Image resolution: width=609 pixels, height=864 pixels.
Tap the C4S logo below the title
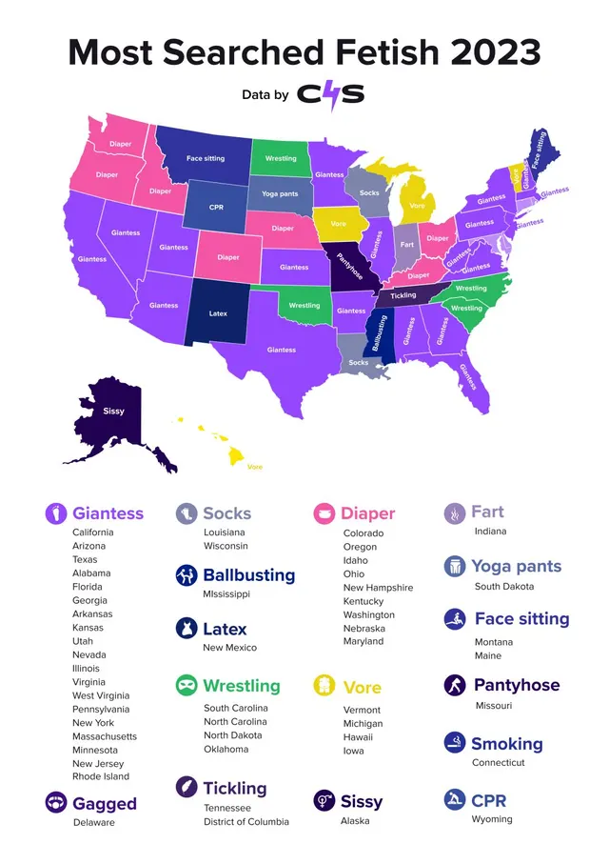(330, 94)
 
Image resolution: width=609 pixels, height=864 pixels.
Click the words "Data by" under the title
(265, 95)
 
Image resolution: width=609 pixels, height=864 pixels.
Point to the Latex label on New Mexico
(219, 312)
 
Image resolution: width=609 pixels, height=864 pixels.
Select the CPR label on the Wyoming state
(217, 207)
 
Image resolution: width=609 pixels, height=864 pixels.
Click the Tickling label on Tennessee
(403, 295)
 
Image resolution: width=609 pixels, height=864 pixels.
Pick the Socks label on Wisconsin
(369, 193)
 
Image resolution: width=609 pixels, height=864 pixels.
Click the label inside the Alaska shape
(113, 412)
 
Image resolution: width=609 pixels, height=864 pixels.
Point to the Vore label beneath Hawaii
(255, 467)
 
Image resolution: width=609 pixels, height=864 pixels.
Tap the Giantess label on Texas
(282, 350)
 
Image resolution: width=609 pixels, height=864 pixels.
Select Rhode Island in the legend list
(101, 776)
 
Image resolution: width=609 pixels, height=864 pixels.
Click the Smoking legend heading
(507, 744)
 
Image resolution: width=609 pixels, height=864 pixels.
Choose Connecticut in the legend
(499, 762)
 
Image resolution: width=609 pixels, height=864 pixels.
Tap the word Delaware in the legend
(94, 822)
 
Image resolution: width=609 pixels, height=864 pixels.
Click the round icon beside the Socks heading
(187, 513)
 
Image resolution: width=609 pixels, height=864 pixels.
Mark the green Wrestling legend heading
(242, 686)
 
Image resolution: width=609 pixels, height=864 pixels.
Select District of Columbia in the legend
(246, 821)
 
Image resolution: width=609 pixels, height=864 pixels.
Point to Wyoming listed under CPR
(493, 819)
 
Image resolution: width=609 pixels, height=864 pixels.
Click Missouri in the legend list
(494, 706)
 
